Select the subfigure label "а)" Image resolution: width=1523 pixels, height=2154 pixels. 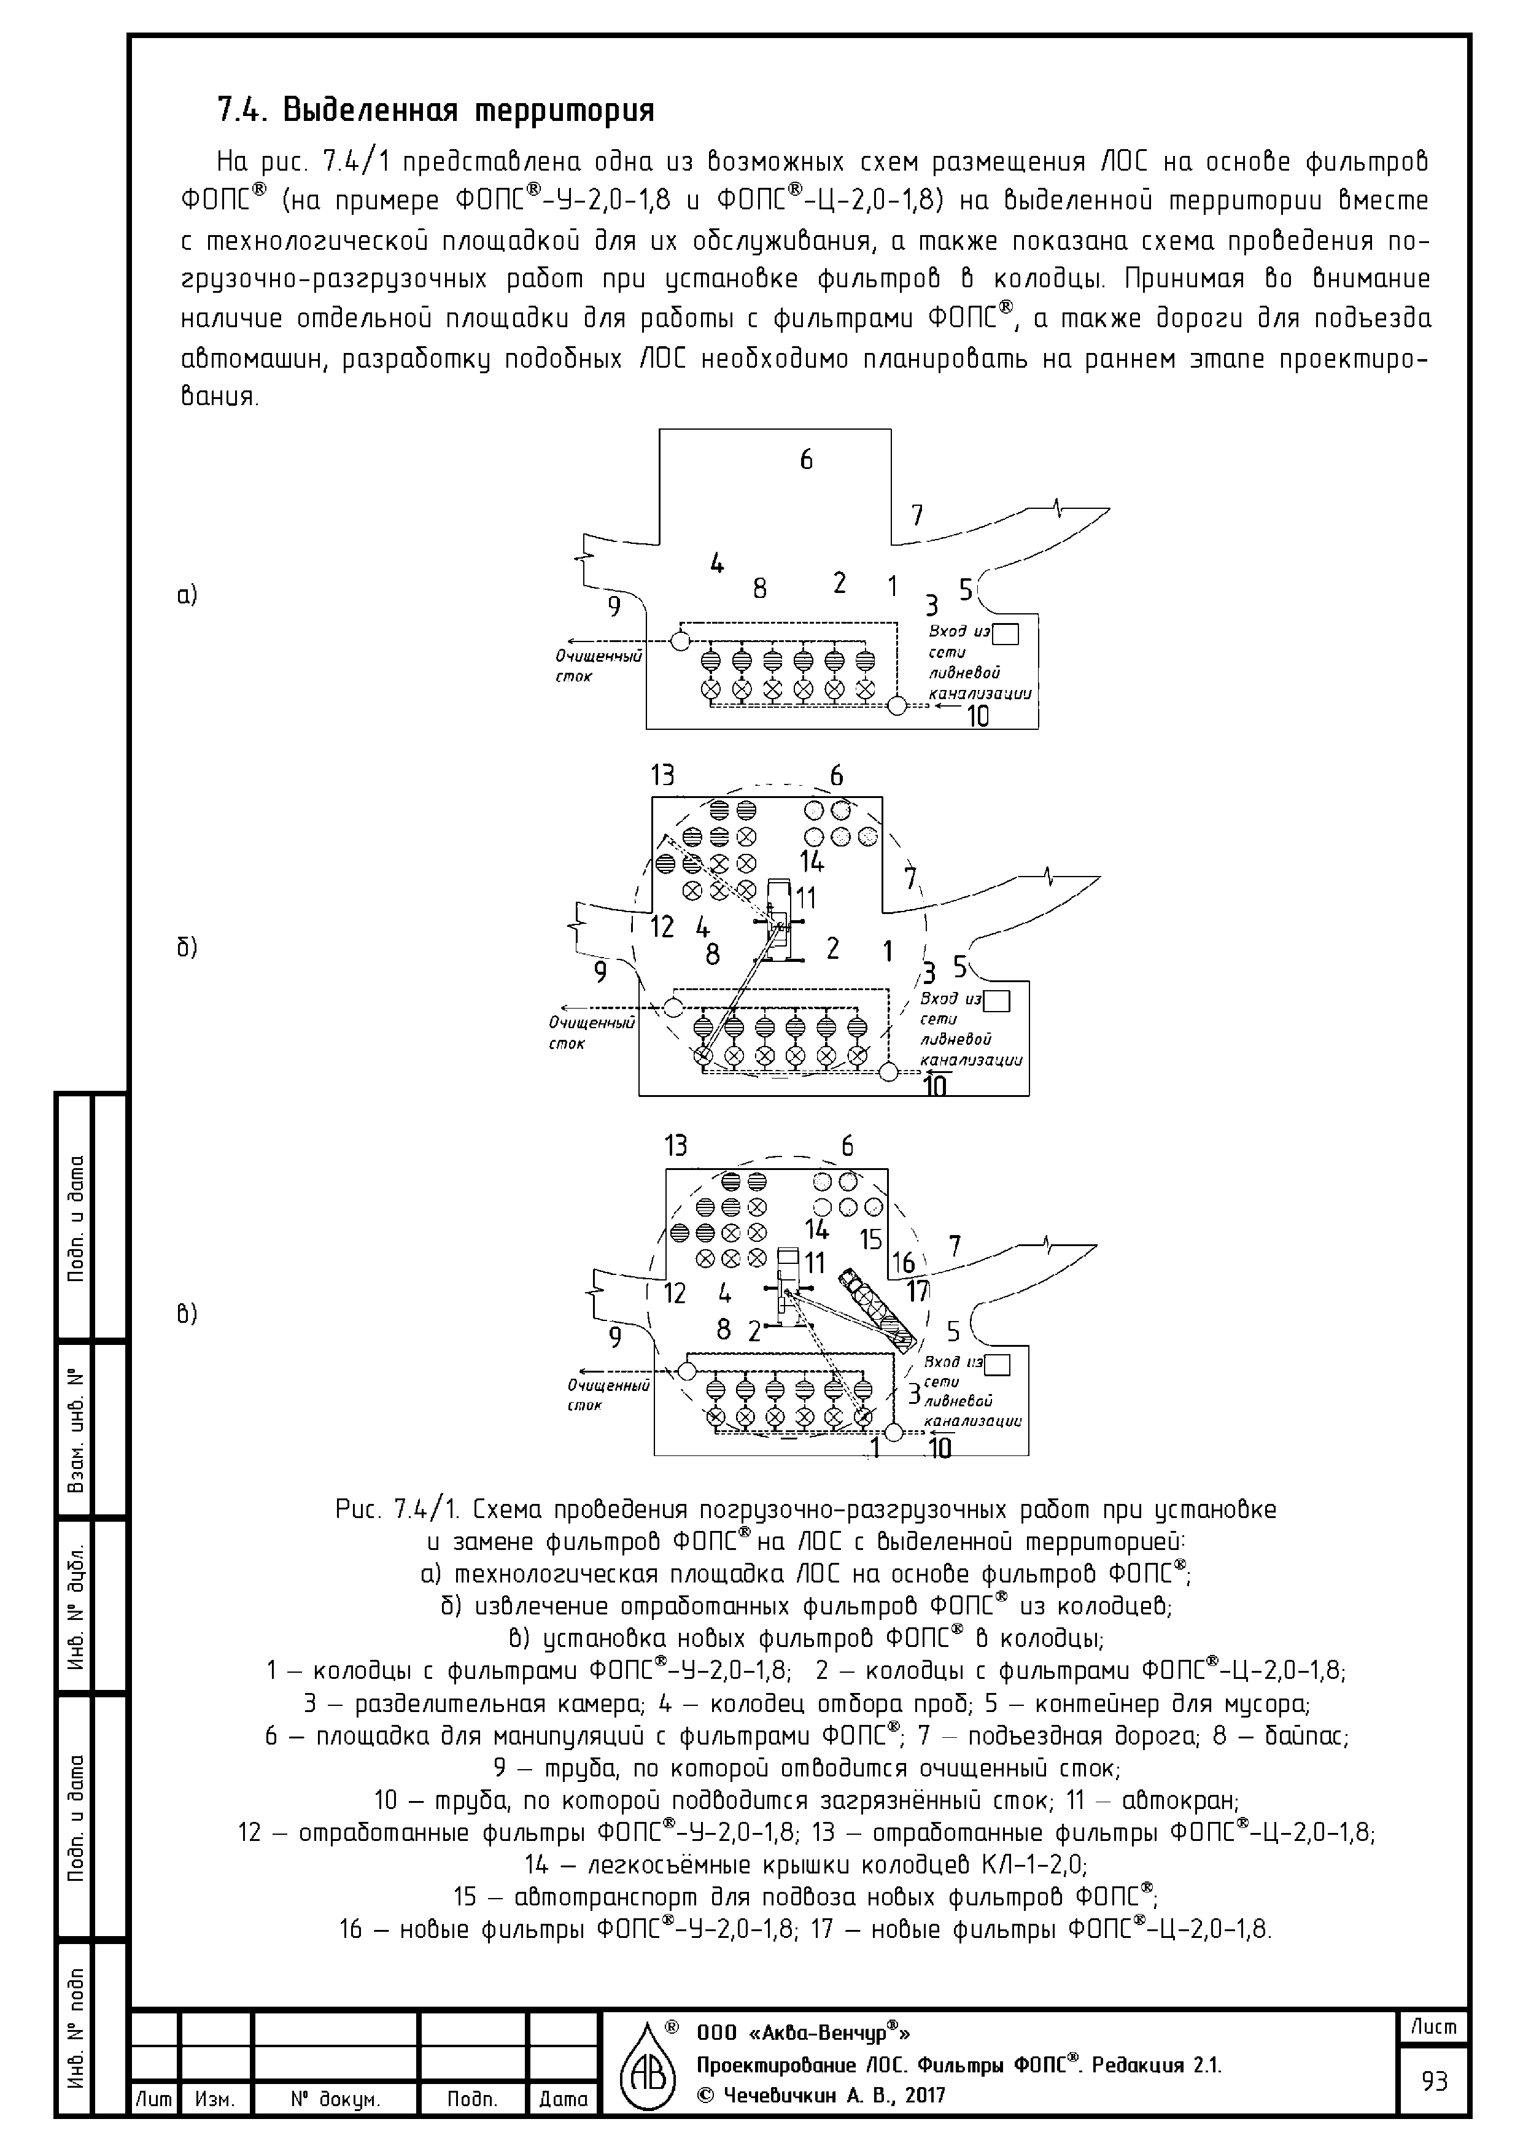point(188,595)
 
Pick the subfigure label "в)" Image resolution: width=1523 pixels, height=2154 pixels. point(188,1314)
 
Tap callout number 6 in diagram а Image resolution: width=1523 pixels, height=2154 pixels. point(806,460)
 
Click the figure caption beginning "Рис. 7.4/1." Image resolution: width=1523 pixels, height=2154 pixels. point(805,1509)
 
